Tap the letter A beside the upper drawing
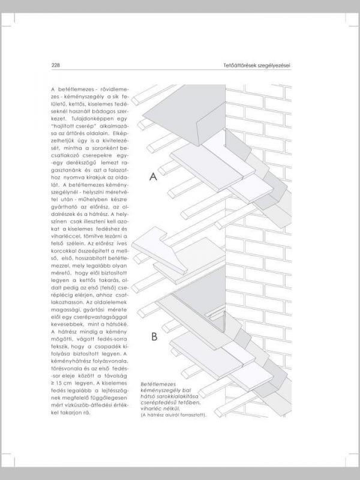[x=153, y=177]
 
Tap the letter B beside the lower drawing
[x=154, y=337]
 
